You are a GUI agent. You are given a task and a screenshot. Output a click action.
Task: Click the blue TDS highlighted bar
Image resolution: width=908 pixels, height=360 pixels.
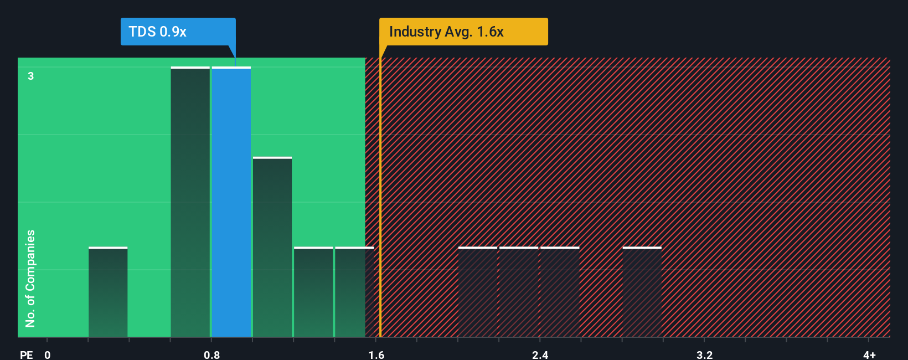coord(231,202)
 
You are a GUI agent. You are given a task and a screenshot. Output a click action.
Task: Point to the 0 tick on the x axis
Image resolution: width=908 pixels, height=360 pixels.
coord(48,354)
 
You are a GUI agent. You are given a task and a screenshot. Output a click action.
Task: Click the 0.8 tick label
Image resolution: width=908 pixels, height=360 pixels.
coord(211,354)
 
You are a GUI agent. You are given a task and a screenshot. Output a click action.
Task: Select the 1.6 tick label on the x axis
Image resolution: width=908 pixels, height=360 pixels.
coord(376,354)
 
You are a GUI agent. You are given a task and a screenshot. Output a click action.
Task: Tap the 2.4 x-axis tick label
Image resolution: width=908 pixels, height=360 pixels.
coord(540,354)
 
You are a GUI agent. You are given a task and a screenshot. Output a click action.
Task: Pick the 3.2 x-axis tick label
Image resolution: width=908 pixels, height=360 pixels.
coord(704,354)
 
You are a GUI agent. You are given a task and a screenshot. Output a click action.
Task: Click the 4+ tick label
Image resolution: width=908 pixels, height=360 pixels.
coord(869,354)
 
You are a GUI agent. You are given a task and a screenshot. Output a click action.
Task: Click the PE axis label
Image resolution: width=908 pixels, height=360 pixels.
coord(26,354)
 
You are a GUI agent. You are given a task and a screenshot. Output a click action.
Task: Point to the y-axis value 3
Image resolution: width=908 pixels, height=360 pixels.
coord(31,76)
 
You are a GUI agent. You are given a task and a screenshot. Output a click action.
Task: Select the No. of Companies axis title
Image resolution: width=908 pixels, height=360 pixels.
coord(30,278)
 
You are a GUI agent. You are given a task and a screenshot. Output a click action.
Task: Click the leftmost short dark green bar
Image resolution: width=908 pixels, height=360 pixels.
coord(108,292)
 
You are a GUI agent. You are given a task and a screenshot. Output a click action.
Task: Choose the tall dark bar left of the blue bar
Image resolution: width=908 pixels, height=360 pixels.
coord(190,202)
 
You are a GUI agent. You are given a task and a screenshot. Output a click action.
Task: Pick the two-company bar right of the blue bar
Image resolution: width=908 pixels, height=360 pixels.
coord(272,247)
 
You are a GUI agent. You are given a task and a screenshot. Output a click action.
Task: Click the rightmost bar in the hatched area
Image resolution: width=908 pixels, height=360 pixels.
coord(642,292)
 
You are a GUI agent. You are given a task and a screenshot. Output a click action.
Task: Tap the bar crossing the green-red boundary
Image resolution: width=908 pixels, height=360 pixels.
coord(354,292)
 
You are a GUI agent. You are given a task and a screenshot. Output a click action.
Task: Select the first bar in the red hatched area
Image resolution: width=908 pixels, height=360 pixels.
coord(478,292)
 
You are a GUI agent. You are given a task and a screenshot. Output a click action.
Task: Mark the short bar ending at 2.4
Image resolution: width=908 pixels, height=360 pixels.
coord(519,292)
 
